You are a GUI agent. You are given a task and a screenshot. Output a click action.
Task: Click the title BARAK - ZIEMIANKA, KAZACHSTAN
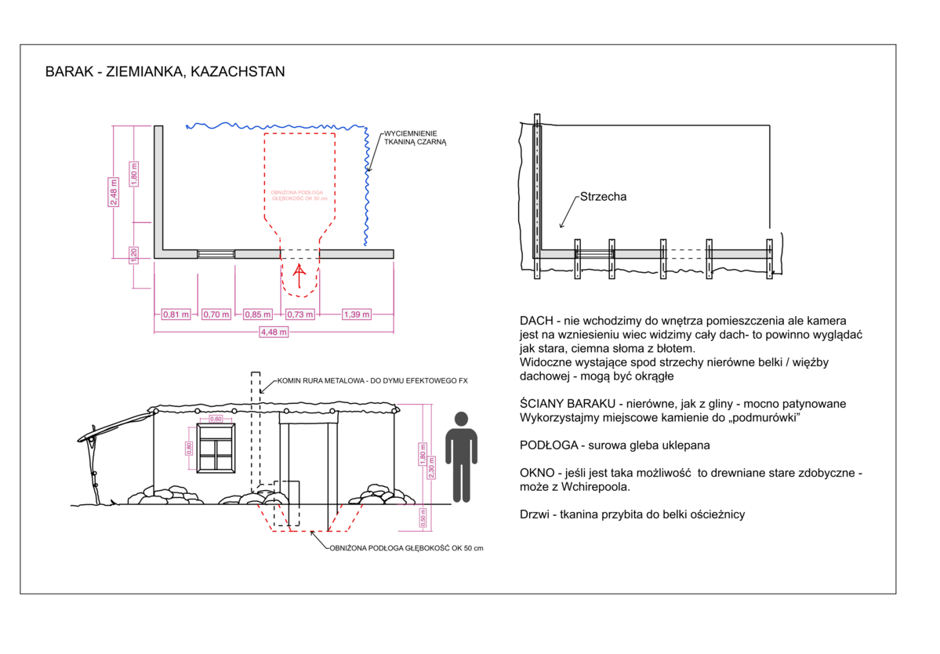165,71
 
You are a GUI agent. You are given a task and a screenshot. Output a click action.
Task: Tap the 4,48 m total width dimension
274,332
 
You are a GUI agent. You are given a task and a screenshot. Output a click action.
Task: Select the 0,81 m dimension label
175,314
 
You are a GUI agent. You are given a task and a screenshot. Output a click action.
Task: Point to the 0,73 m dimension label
299,314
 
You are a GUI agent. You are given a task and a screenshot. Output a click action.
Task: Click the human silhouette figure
461,457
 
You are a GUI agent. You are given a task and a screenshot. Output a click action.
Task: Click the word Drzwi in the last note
535,514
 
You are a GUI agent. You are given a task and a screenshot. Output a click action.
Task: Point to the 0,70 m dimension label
216,314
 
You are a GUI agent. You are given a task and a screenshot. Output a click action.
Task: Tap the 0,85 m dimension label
257,314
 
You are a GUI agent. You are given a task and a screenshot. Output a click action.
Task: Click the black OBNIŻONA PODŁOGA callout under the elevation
405,547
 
